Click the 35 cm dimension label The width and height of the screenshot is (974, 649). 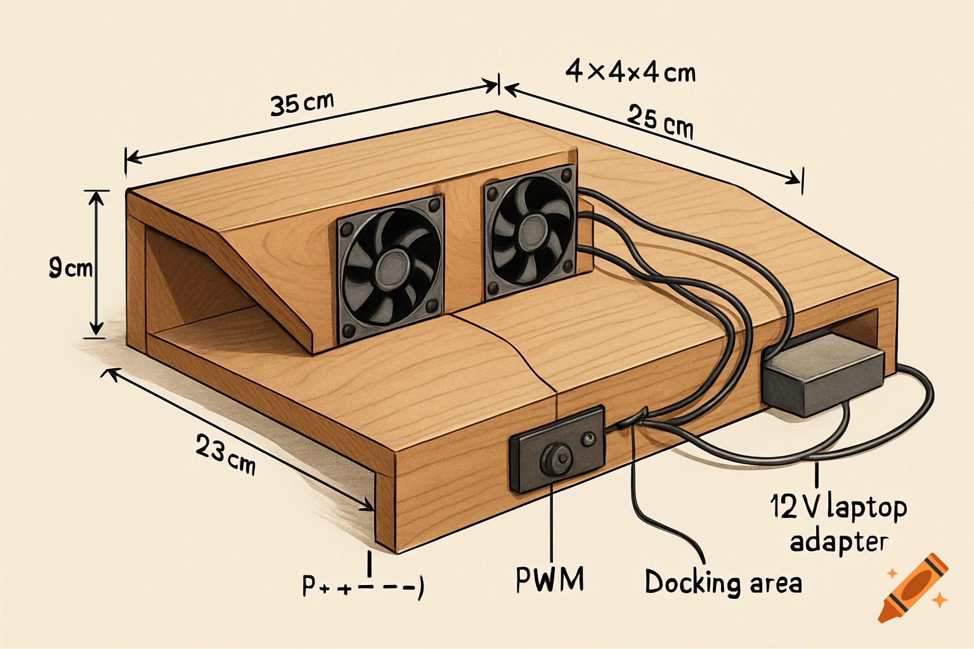pyautogui.click(x=301, y=103)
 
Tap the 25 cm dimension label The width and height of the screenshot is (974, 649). pyautogui.click(x=660, y=122)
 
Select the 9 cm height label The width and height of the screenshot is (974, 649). pyautogui.click(x=70, y=269)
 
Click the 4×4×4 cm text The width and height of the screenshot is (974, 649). pyautogui.click(x=630, y=72)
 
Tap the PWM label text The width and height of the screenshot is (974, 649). pyautogui.click(x=550, y=579)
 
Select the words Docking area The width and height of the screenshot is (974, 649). pyautogui.click(x=723, y=582)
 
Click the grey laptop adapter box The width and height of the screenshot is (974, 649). pyautogui.click(x=823, y=375)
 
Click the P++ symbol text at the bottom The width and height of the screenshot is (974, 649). pyautogui.click(x=361, y=587)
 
